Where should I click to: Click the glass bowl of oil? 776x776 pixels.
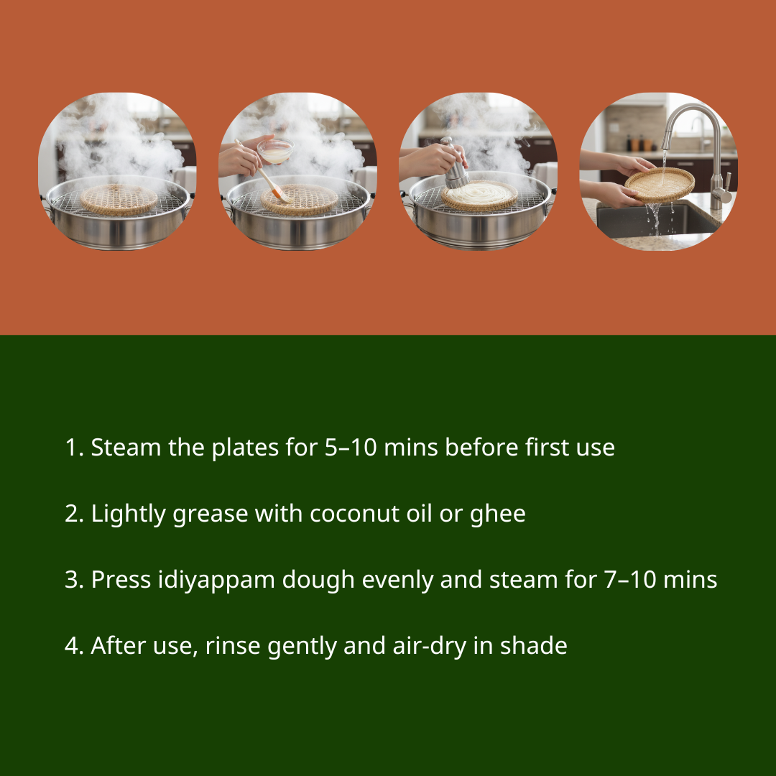275,151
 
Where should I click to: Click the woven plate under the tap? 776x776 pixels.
660,184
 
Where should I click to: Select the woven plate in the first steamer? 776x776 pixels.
119,200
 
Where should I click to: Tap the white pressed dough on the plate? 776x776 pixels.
480,193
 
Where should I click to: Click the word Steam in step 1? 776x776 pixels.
126,448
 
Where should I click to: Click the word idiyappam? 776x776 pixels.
216,580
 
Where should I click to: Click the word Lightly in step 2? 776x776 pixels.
128,514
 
